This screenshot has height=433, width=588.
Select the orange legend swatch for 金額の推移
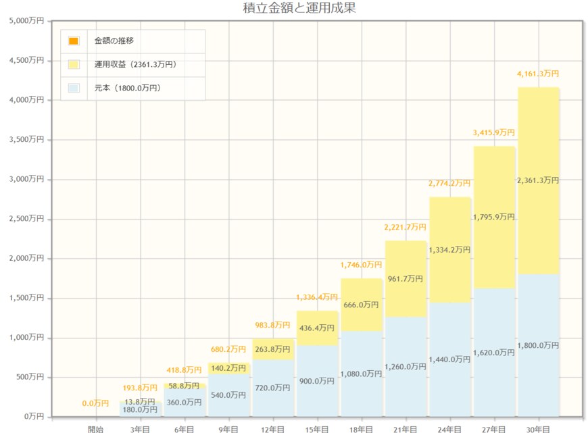(74, 41)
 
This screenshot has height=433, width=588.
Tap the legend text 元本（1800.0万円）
(128, 88)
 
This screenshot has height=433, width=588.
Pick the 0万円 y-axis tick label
(32, 417)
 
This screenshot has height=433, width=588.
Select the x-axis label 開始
(96, 428)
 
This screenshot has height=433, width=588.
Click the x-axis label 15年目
(317, 428)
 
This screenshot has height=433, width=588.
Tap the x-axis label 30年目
(539, 428)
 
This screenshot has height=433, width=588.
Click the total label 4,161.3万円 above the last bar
(539, 74)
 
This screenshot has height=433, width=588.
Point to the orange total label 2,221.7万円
(406, 227)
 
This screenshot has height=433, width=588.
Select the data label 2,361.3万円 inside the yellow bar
(538, 180)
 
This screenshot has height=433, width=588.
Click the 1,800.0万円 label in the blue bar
(538, 345)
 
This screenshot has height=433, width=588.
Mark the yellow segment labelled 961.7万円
(406, 278)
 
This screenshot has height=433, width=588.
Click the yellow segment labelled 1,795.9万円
(494, 217)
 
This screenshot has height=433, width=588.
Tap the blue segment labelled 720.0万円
(273, 388)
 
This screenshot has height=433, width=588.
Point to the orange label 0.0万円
(95, 403)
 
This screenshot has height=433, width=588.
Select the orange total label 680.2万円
(228, 349)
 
